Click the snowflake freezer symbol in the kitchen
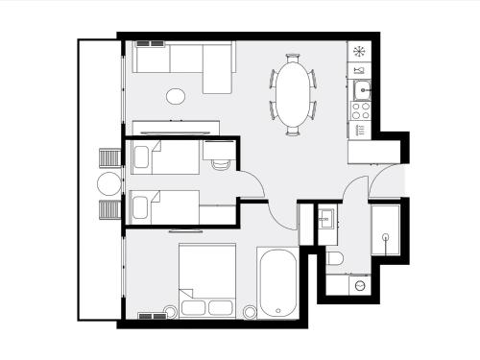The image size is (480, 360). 360,51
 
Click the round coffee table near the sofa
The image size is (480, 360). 177,96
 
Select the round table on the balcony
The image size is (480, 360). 108,184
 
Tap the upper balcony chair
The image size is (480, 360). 107,158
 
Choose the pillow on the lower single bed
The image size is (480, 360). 142,204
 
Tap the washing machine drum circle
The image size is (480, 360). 359,284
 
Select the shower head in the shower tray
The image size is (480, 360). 386,235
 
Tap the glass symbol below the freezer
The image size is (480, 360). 360,70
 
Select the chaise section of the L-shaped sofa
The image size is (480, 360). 219,68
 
